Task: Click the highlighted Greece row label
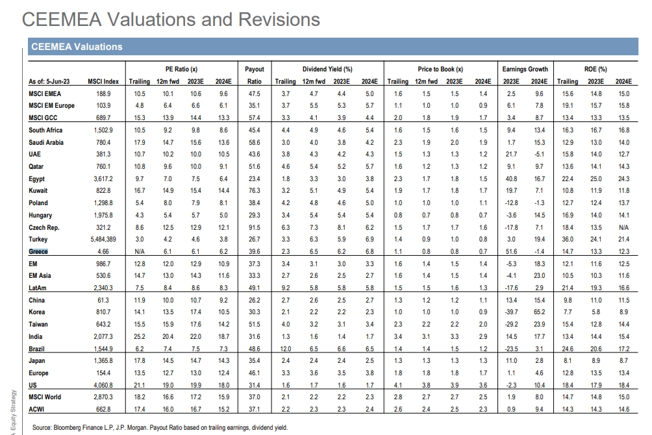coord(38,251)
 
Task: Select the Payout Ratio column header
coord(255,75)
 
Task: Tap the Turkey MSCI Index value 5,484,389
coord(103,239)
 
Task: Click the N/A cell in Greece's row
coord(140,251)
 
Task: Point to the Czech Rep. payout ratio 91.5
coord(255,227)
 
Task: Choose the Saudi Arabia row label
coord(46,142)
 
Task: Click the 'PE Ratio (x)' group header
coord(181,69)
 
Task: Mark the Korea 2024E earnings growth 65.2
coord(539,312)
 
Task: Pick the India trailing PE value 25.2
coord(140,336)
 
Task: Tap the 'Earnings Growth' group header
coord(525,69)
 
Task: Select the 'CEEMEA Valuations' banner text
coord(77,47)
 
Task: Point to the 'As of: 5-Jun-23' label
coord(49,82)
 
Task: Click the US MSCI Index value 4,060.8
coord(103,385)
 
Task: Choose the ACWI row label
coord(36,409)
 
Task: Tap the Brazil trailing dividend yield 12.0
coord(286,349)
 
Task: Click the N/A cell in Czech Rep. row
coord(623,227)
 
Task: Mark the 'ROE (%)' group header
coord(596,69)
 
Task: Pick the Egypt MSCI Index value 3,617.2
coord(103,179)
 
